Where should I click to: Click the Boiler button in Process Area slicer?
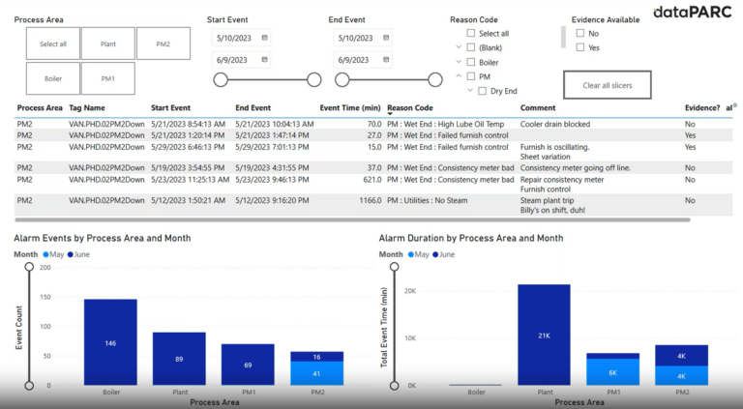coord(53,78)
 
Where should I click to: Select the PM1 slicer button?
coord(107,78)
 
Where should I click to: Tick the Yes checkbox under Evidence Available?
coord(580,47)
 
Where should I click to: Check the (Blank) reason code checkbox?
coord(471,47)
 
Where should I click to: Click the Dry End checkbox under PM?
coord(483,91)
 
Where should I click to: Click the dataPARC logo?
coord(693,13)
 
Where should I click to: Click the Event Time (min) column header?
coord(350,108)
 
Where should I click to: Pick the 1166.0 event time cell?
coord(367,200)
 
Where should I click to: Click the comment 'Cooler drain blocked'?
coord(555,125)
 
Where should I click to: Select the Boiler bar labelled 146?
coord(110,342)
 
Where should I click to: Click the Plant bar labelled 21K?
coord(544,335)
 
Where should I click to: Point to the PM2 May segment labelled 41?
coord(316,373)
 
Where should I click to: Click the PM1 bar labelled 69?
coord(248,365)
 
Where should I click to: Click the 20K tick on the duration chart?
coord(409,291)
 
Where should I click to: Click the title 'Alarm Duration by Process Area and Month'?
coord(470,238)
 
